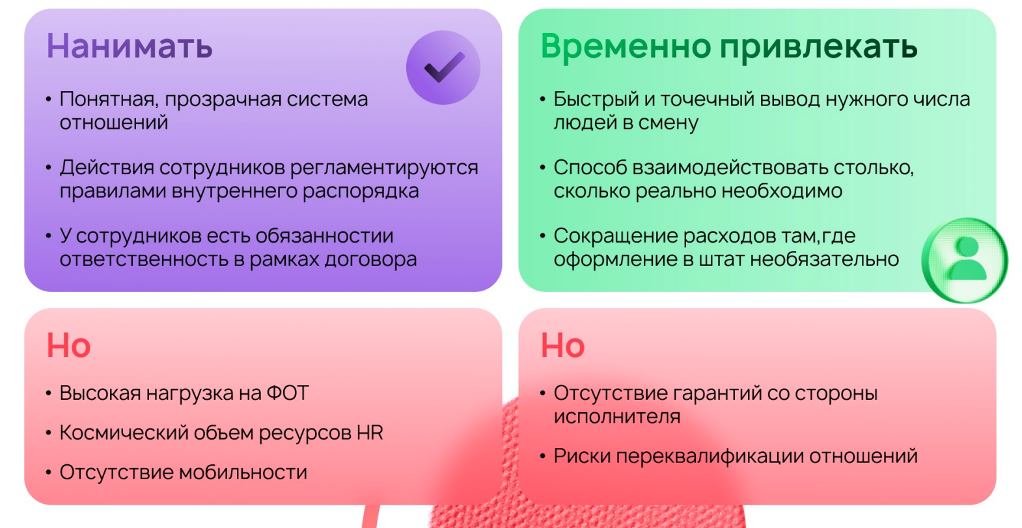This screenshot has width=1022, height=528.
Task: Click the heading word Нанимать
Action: pos(130,46)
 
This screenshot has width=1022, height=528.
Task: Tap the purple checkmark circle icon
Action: pos(443,68)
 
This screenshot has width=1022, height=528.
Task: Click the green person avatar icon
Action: pos(965,260)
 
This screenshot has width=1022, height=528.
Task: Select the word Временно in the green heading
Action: pos(626,47)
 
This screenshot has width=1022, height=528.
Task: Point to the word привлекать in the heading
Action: pos(818,47)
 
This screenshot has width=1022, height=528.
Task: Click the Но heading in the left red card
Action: pos(68,345)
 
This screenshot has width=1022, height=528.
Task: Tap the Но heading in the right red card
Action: pos(562,345)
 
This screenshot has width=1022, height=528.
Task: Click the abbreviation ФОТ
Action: pos(288,393)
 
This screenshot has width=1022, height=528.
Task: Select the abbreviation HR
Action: pos(370,433)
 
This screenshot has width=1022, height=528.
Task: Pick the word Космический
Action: pos(124,433)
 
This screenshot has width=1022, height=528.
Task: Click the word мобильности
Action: pos(243,473)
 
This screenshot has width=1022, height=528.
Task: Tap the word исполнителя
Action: pos(617,416)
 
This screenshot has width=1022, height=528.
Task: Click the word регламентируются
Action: pos(384,168)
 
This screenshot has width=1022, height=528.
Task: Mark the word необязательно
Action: pos(825,259)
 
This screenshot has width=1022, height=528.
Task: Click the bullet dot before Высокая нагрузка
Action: pos(49,393)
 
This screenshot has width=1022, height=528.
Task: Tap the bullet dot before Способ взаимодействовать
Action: pos(543,168)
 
